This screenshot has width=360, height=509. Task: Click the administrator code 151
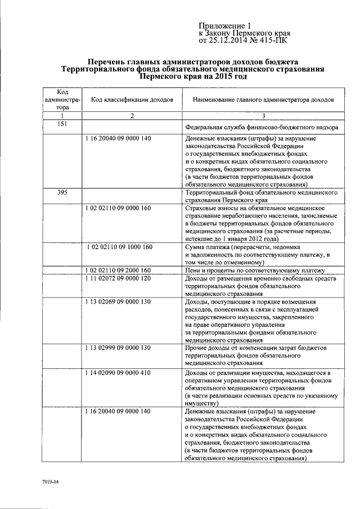pyautogui.click(x=63, y=124)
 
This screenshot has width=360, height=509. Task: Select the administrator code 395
pyautogui.click(x=63, y=192)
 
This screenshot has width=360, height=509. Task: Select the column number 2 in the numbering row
pyautogui.click(x=132, y=116)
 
